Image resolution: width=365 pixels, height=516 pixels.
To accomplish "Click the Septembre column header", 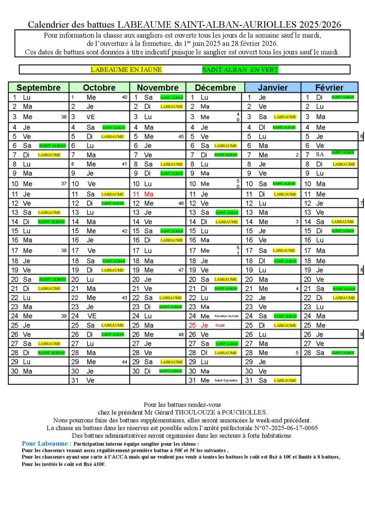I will click(38, 88).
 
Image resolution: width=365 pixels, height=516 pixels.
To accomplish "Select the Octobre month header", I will click(99, 88).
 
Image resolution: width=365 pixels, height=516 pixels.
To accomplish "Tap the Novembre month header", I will click(158, 88).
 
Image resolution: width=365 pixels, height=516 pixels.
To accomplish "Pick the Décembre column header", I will click(215, 88).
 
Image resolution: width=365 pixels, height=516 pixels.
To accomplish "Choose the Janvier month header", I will click(273, 88).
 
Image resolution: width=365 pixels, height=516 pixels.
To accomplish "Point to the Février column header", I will click(329, 88).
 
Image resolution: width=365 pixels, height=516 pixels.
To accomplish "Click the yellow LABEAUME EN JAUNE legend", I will click(126, 70).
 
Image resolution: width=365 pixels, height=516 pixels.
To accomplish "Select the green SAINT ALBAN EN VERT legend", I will click(240, 70).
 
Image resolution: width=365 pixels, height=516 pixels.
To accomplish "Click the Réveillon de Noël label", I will click(225, 316).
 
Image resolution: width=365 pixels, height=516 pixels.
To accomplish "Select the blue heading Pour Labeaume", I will click(43, 443).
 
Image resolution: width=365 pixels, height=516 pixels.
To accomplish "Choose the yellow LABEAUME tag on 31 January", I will click(284, 380).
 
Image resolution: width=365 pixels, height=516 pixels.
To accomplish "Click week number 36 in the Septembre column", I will click(64, 117).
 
